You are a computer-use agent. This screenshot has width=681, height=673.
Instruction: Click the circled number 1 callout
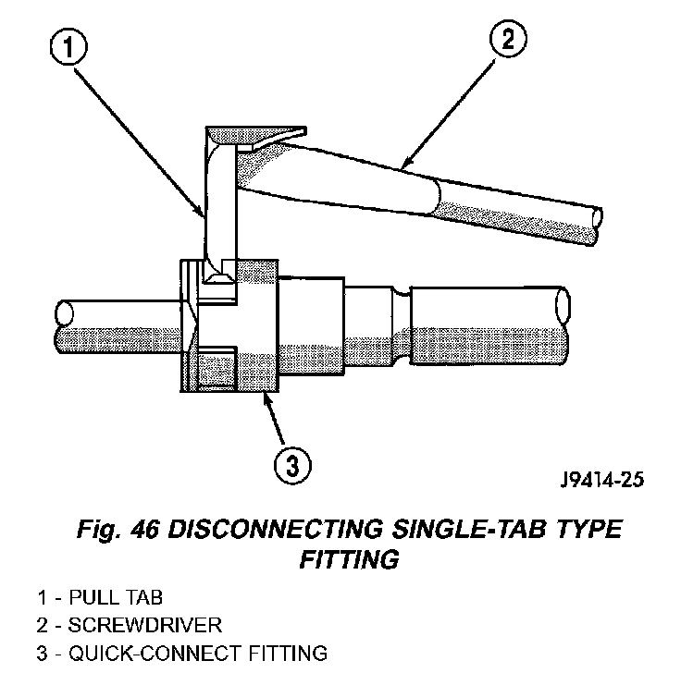(68, 47)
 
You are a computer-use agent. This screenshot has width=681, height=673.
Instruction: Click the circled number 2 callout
(508, 39)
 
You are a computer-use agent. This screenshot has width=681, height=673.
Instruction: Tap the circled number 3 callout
(293, 466)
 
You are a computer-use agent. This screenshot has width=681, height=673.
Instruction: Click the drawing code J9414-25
(602, 480)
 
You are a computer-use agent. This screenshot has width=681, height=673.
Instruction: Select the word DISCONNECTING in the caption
(276, 529)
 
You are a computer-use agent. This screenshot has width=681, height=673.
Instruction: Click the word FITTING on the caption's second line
(349, 559)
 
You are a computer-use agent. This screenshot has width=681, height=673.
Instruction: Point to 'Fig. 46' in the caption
(118, 530)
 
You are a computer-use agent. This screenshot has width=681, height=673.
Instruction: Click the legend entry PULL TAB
(116, 597)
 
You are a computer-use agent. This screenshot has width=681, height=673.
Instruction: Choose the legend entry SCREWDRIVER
(145, 625)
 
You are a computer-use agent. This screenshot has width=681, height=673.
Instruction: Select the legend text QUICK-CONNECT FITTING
(198, 653)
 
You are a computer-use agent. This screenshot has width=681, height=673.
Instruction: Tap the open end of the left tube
(64, 312)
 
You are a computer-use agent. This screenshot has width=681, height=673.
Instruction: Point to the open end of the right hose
(563, 305)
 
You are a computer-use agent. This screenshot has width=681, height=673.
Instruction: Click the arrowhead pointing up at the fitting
(266, 399)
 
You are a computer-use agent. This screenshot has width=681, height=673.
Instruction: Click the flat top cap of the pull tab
(255, 135)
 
